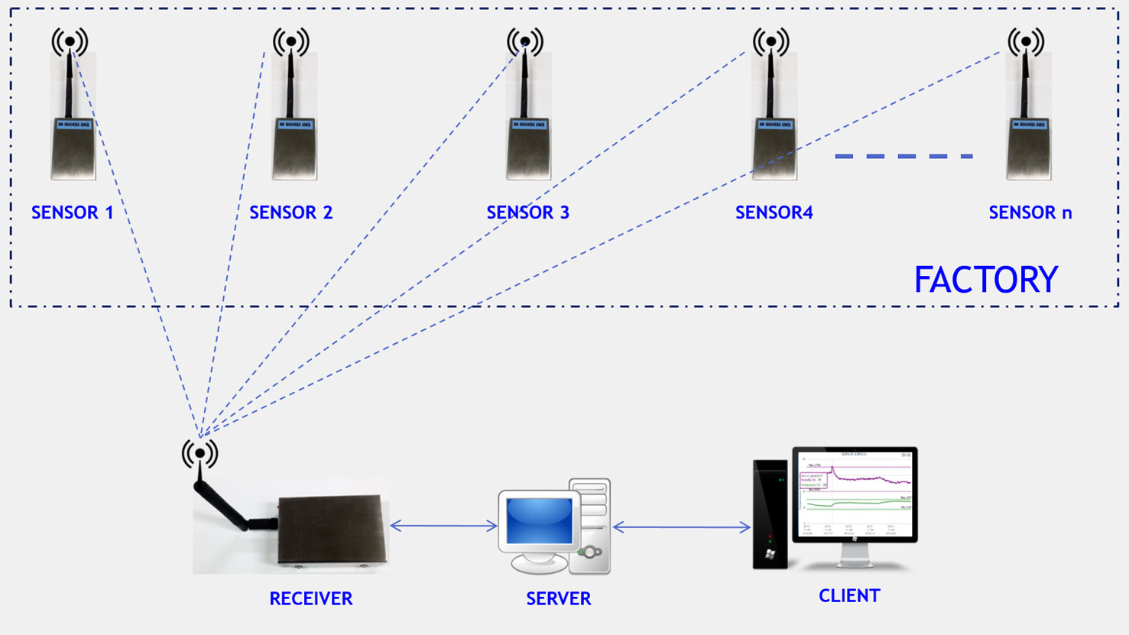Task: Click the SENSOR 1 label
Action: [72, 212]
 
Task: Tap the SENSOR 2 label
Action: [290, 212]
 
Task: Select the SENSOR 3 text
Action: [527, 212]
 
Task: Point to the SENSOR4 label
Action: [774, 212]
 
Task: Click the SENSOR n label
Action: [1030, 212]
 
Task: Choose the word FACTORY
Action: [985, 280]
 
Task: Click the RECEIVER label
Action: [310, 599]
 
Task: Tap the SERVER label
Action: [558, 599]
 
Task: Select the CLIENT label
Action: [849, 596]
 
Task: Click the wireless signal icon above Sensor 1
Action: [70, 41]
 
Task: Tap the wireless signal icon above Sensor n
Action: [1025, 41]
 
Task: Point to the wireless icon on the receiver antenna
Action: [200, 453]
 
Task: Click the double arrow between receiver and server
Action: [443, 526]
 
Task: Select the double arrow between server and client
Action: [681, 526]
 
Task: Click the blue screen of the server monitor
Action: [539, 520]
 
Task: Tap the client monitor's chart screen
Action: [855, 494]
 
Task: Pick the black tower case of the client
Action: [771, 514]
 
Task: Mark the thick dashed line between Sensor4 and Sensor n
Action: [904, 156]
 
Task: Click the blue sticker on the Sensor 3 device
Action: [528, 125]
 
